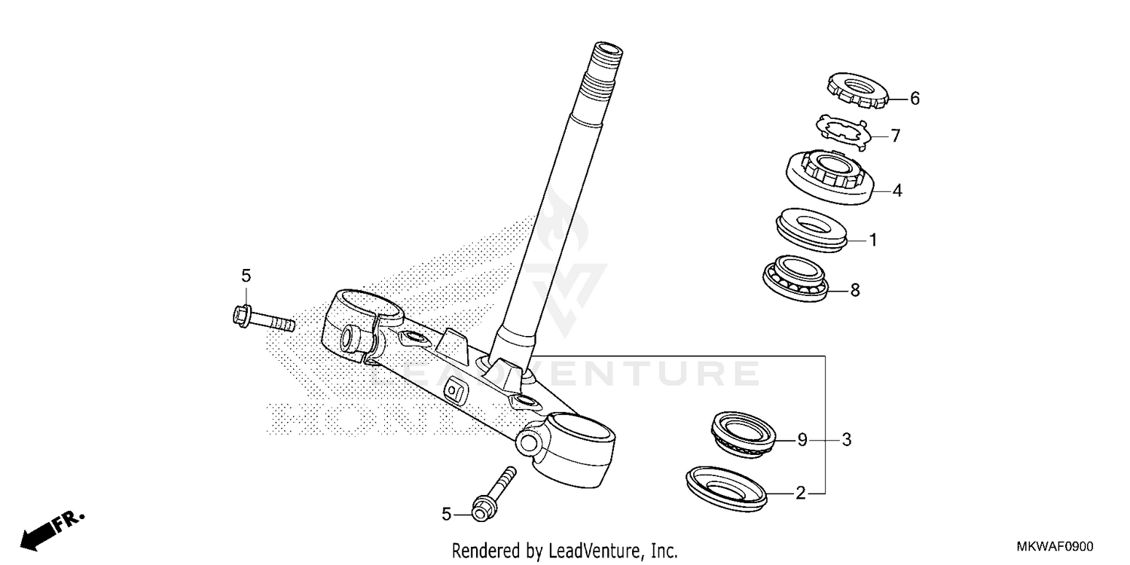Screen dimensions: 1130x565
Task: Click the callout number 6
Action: point(915,98)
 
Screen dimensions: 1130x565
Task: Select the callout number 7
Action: point(896,136)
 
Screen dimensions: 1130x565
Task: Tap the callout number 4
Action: point(897,191)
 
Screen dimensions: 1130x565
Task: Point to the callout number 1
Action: point(873,241)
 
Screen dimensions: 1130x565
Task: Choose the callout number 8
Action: point(855,289)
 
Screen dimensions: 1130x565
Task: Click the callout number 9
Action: point(802,439)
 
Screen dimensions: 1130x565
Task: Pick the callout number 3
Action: point(847,439)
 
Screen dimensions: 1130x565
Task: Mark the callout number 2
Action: point(801,493)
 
